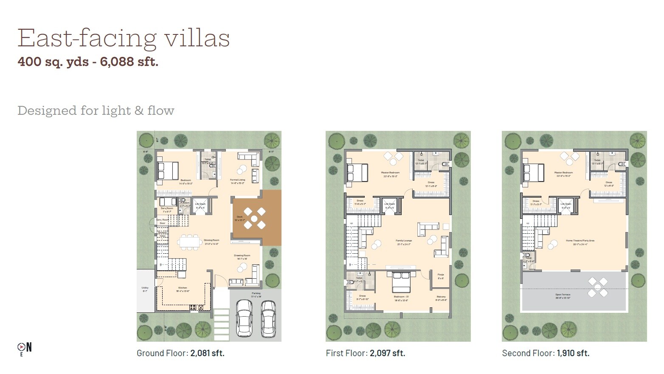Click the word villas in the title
click(197, 38)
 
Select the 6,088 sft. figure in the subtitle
click(129, 62)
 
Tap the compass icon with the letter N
click(24, 348)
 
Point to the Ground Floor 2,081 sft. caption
click(180, 353)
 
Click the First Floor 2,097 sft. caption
click(365, 353)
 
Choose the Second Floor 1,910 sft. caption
click(546, 353)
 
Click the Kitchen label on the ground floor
click(183, 288)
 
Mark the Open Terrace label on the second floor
click(563, 295)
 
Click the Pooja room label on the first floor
click(441, 275)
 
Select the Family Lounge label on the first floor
click(404, 241)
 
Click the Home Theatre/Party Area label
click(580, 241)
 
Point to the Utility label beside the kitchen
click(145, 288)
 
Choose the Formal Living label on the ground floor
click(237, 180)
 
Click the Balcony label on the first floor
click(441, 297)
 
